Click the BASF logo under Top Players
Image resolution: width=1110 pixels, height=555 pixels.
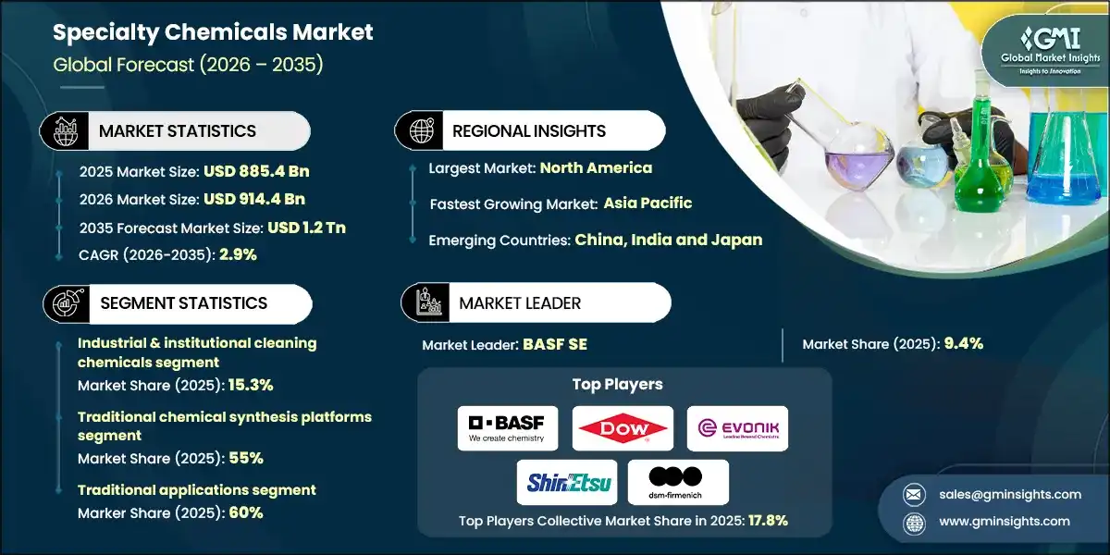point(507,428)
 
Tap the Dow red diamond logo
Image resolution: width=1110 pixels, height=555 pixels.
point(622,428)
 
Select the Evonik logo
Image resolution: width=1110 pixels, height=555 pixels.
point(737,428)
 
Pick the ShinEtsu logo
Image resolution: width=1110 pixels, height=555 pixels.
point(563,482)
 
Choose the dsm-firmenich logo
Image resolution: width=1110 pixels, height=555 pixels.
point(678,482)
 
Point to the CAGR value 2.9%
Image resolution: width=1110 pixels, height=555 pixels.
point(239,254)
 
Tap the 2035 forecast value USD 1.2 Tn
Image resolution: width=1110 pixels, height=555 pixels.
point(306,227)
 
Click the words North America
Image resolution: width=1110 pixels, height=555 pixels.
point(596,168)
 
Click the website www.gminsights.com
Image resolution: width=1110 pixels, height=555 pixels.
point(1003,522)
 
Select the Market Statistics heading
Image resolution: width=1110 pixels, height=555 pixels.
point(178,131)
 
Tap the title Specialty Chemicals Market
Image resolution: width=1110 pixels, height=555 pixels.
point(213,33)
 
